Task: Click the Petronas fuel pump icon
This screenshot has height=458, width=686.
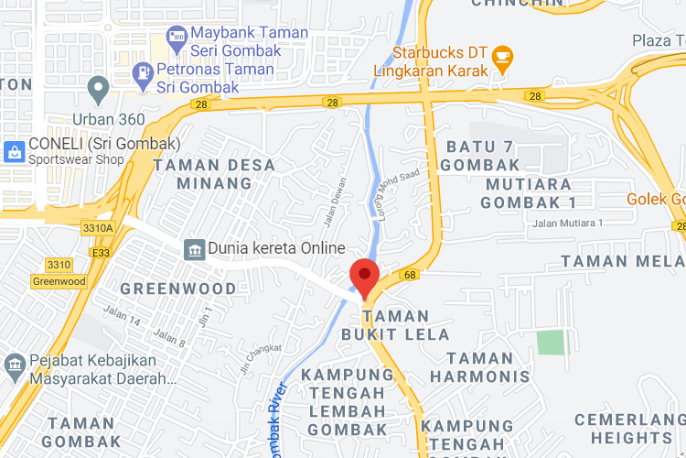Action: click(x=144, y=71)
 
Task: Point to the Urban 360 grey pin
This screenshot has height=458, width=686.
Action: click(x=98, y=90)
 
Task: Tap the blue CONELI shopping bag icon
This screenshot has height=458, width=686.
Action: click(x=15, y=152)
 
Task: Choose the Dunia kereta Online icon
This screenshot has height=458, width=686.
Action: click(x=194, y=249)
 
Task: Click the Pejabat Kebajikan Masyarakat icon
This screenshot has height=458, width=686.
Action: click(x=15, y=366)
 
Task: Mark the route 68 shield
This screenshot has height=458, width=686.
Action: click(x=409, y=274)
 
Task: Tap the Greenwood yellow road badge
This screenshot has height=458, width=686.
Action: click(x=59, y=281)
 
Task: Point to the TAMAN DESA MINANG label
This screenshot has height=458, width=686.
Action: click(x=201, y=174)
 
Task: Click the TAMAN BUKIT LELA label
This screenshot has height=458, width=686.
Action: click(x=395, y=325)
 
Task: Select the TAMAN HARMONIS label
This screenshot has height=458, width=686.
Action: click(x=479, y=367)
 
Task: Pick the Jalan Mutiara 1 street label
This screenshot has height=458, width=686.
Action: click(x=569, y=224)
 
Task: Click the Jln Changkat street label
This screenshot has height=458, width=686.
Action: click(x=260, y=358)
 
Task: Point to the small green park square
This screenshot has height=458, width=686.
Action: click(x=552, y=343)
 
